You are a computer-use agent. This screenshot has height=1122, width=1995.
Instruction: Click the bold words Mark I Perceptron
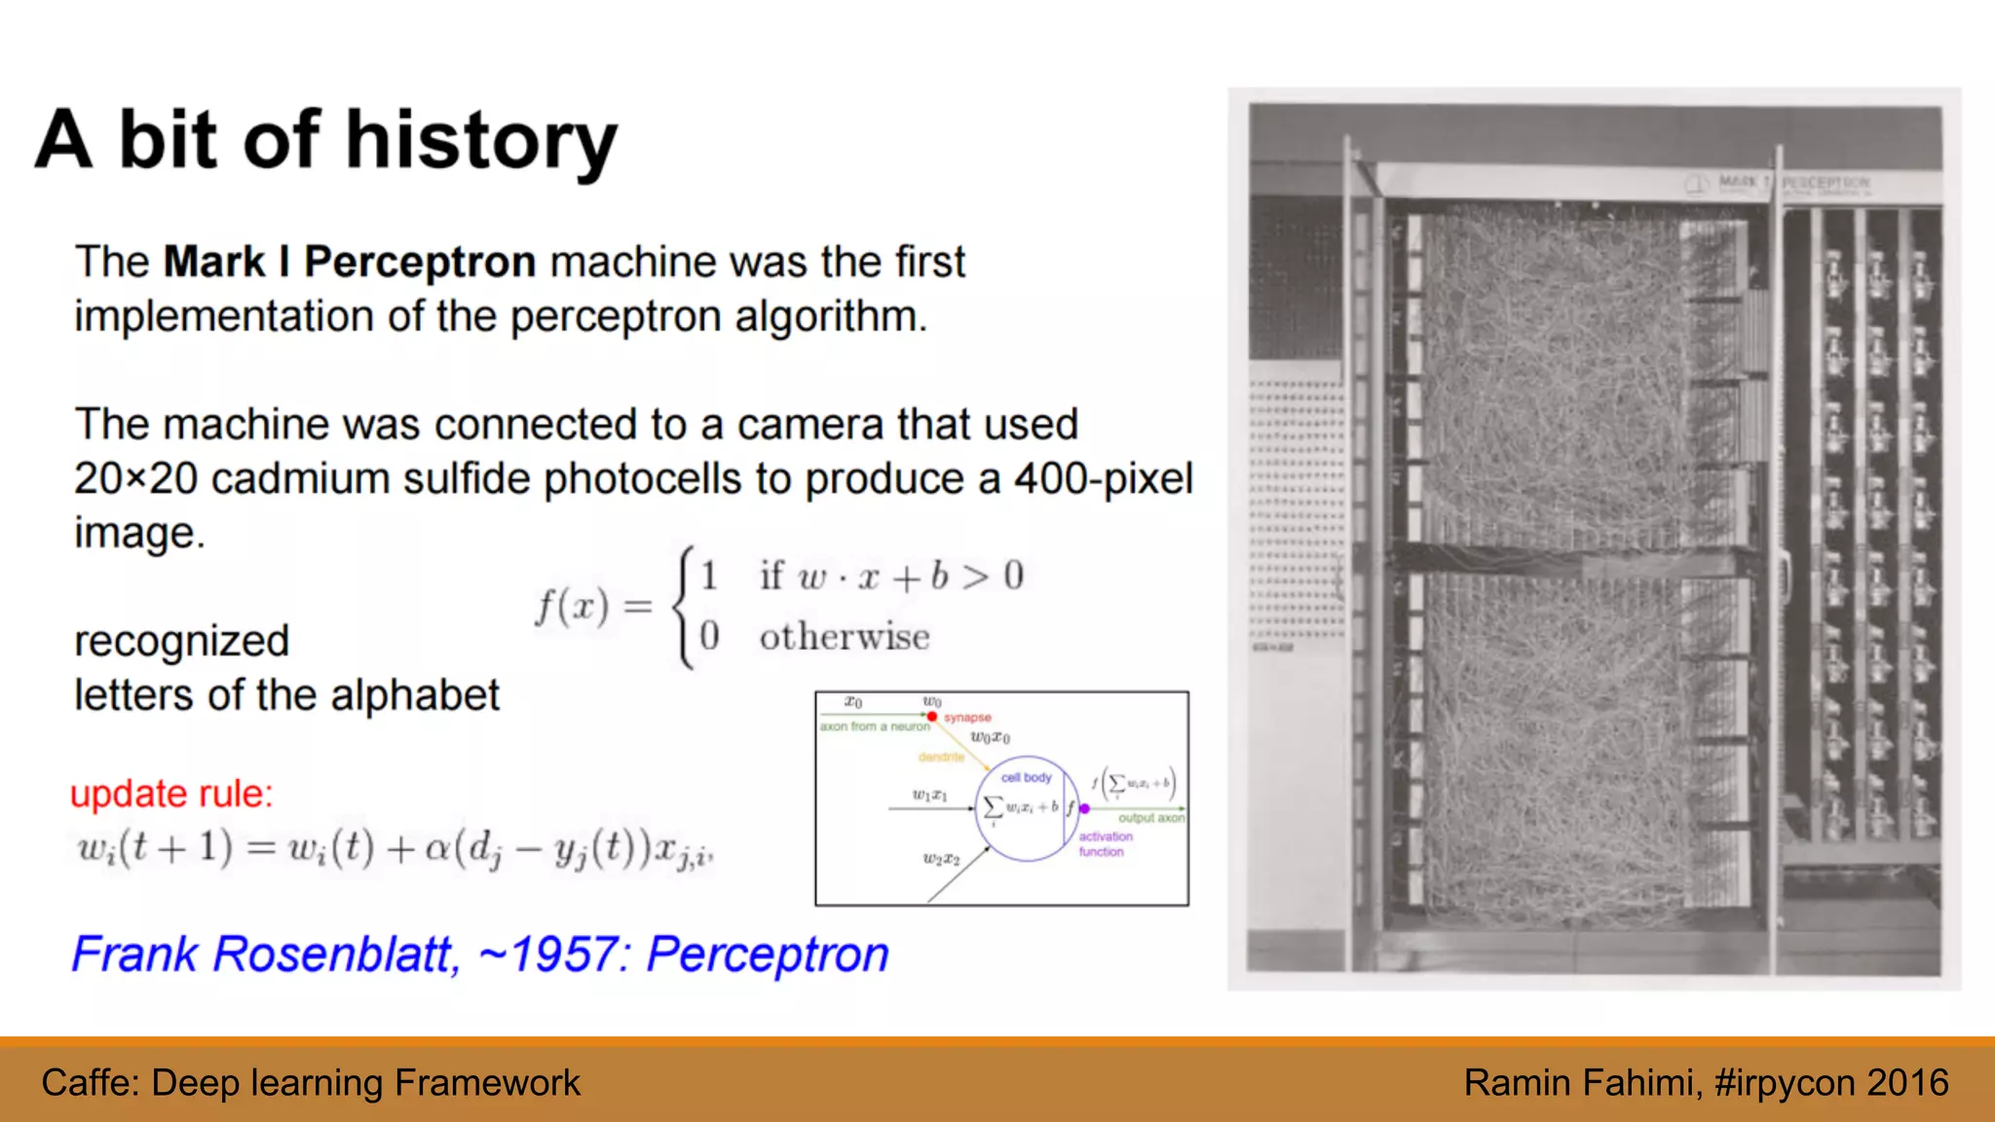coord(350,262)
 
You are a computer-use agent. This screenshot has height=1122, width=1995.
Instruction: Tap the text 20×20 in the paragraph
coord(135,479)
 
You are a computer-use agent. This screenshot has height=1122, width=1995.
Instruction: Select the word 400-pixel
coord(1103,479)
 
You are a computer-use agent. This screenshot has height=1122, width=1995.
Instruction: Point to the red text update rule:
coord(171,794)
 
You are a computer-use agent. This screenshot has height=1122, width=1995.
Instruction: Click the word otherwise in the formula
coord(845,638)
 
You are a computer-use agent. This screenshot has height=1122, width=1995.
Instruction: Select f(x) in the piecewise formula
coord(573,607)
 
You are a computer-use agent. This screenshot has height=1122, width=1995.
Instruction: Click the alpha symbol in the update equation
coord(436,849)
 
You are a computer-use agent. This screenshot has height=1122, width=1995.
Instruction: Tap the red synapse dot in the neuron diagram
coord(932,717)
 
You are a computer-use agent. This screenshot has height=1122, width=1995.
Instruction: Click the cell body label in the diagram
coord(1026,777)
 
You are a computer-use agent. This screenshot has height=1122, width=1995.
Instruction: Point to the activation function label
coord(1105,843)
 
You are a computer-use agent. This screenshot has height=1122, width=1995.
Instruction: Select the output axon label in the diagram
coord(1150,818)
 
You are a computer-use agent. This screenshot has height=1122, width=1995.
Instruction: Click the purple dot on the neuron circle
coord(1084,808)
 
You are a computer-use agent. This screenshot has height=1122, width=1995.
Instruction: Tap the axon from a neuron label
coord(874,727)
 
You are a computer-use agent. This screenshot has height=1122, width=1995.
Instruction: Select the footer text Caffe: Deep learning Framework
coord(311,1083)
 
